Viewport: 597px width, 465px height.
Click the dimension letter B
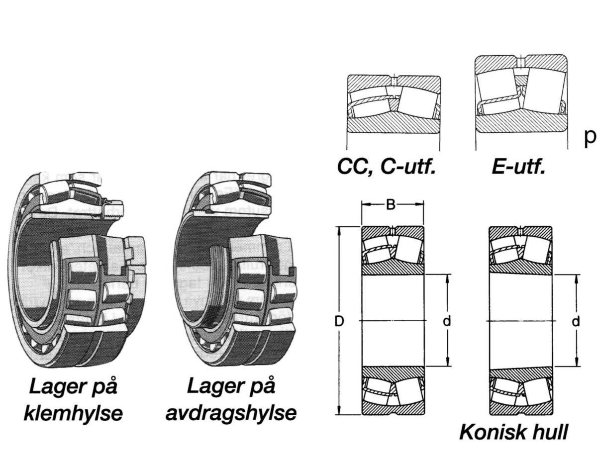[391, 204]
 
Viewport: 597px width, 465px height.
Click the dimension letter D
[339, 321]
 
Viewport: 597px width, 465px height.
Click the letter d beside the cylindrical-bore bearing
[447, 321]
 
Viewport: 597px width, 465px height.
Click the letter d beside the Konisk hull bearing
[576, 321]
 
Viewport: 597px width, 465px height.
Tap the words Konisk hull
[513, 432]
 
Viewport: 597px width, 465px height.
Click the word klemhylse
[73, 413]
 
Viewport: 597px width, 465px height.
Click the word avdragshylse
[231, 413]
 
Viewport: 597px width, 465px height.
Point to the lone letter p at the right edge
[590, 137]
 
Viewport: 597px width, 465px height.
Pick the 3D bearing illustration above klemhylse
[77, 269]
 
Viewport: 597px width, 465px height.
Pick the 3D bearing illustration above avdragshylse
[234, 269]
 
